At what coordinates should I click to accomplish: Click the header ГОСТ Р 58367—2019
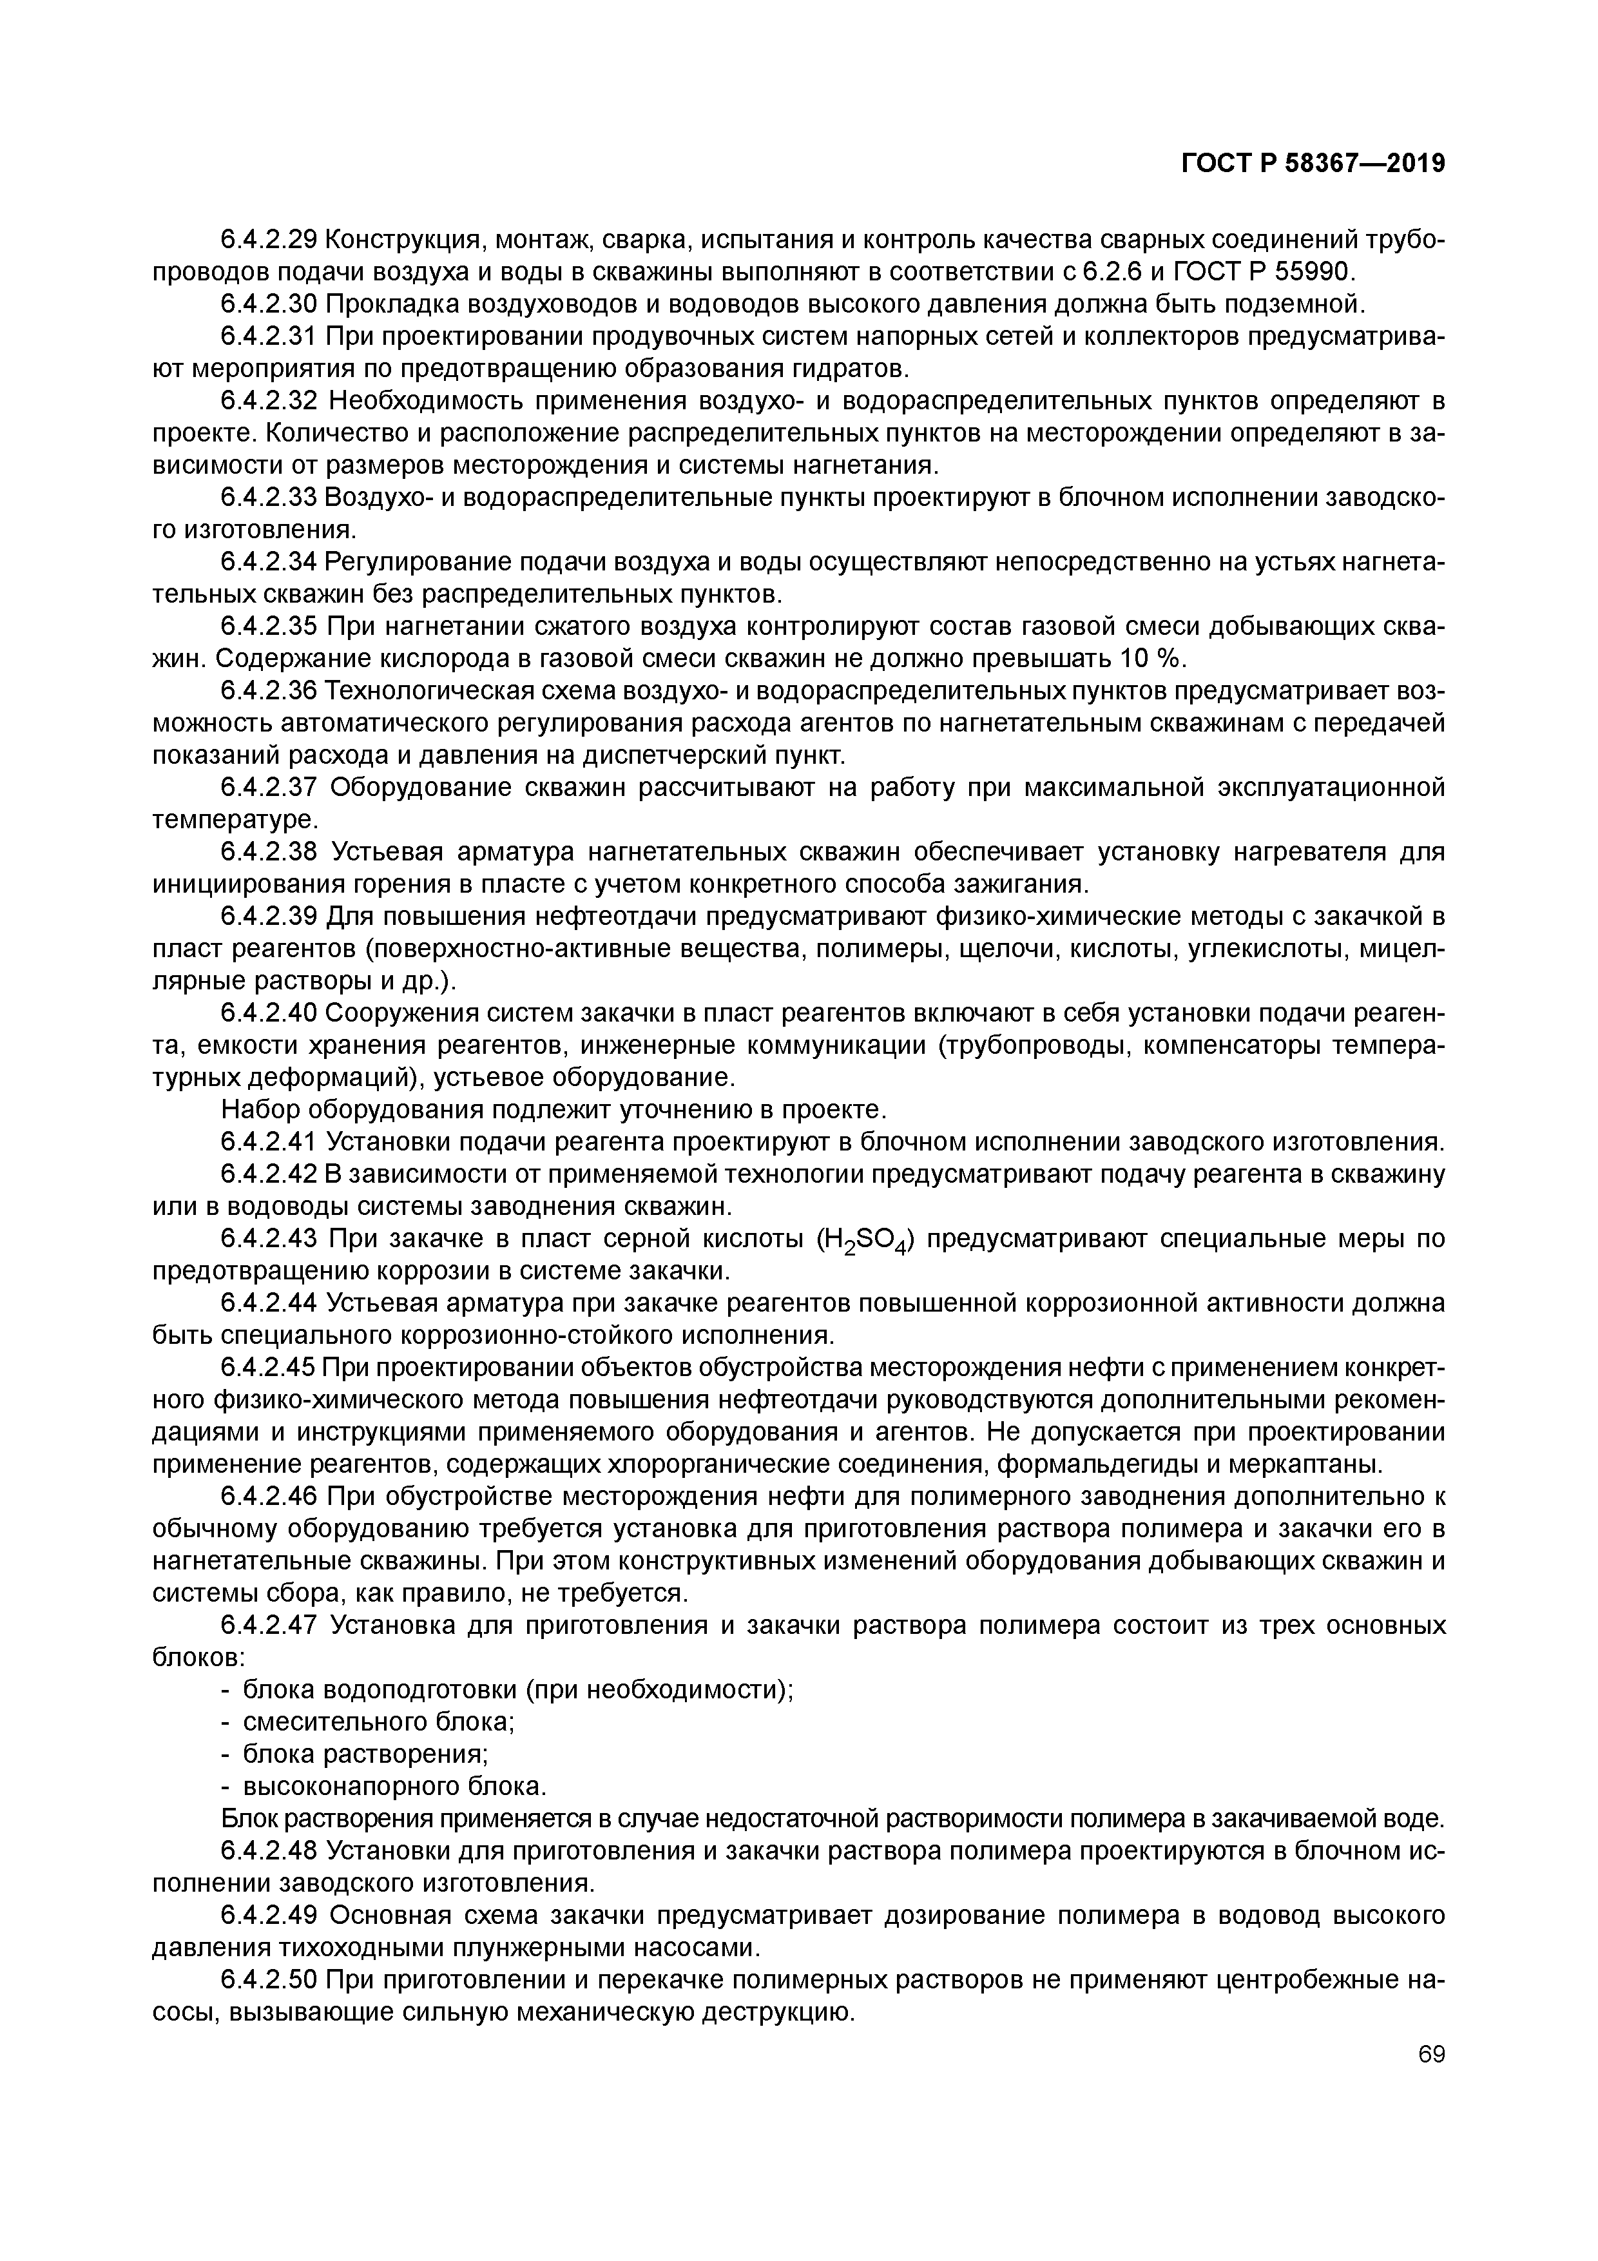click(1313, 164)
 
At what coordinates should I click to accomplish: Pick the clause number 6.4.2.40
click(268, 1013)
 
